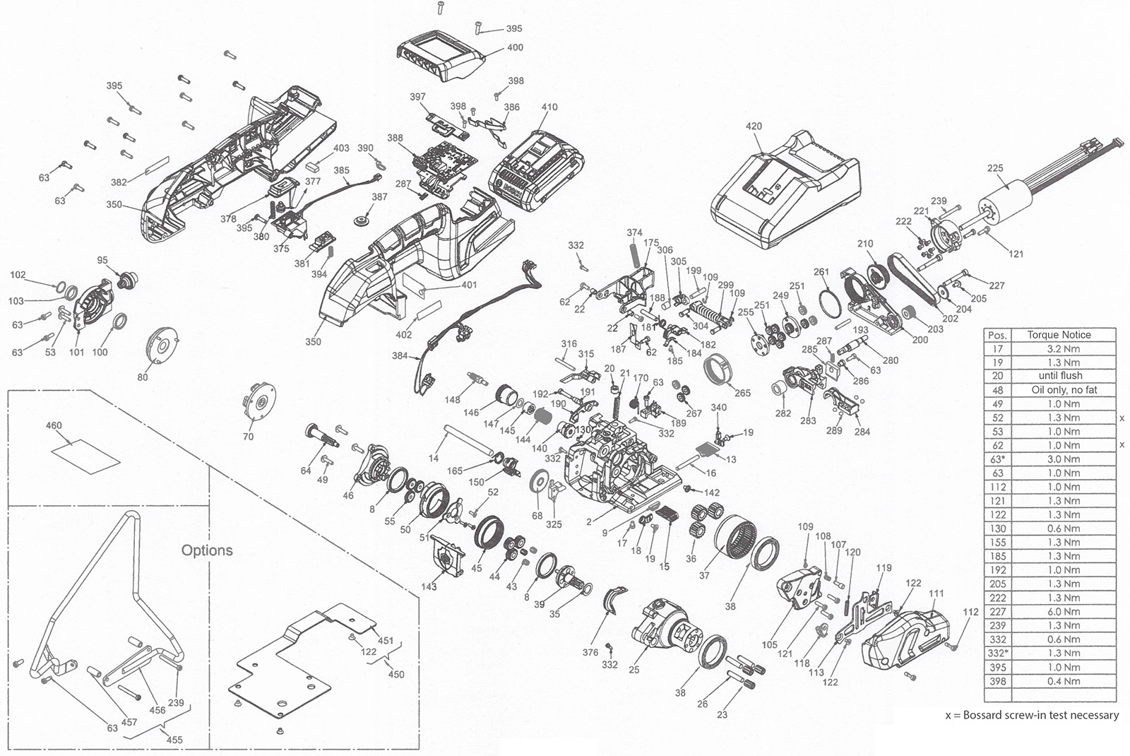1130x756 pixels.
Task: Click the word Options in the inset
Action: [207, 550]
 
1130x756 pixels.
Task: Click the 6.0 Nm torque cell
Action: [1063, 612]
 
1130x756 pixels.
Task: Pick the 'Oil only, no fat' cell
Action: [1064, 389]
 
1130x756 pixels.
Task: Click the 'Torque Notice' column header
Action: [1059, 335]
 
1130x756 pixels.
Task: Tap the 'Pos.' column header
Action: [997, 335]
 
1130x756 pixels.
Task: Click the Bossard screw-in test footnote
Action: [1032, 715]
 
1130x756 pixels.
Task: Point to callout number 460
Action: [54, 425]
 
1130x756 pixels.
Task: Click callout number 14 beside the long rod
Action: [434, 459]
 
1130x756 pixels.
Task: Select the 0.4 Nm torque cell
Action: [1063, 681]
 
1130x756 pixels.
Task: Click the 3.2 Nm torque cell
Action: [1063, 348]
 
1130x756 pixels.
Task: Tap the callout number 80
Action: [142, 377]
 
